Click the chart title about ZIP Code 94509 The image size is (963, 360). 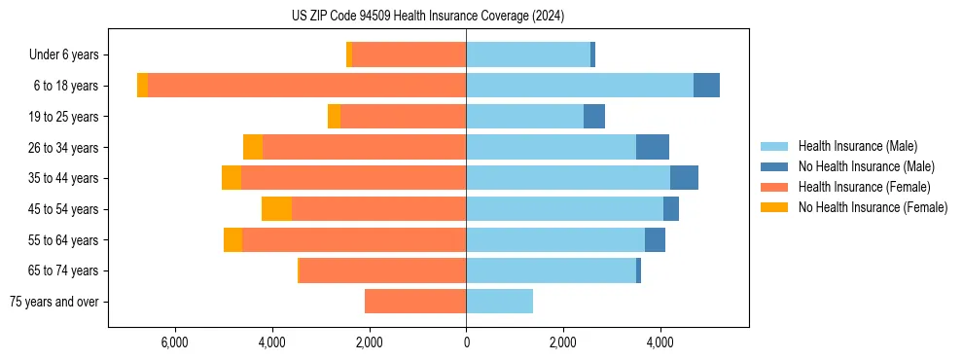tap(428, 16)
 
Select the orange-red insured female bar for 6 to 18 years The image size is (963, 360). tap(306, 86)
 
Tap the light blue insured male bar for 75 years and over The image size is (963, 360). tap(499, 302)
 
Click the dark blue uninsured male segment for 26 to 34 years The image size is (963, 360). tap(653, 147)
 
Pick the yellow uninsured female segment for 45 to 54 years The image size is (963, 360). tap(276, 209)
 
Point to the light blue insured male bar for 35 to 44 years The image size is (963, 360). tap(568, 178)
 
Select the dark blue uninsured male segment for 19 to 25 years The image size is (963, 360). tap(594, 117)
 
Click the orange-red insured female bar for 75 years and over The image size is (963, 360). tap(415, 302)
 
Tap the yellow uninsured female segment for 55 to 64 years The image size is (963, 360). tap(232, 240)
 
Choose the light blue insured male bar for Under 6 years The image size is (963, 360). tap(528, 54)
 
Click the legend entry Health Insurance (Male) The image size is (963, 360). tap(857, 146)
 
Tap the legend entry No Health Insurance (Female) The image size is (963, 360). tap(873, 207)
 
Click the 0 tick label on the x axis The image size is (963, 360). tap(466, 342)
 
